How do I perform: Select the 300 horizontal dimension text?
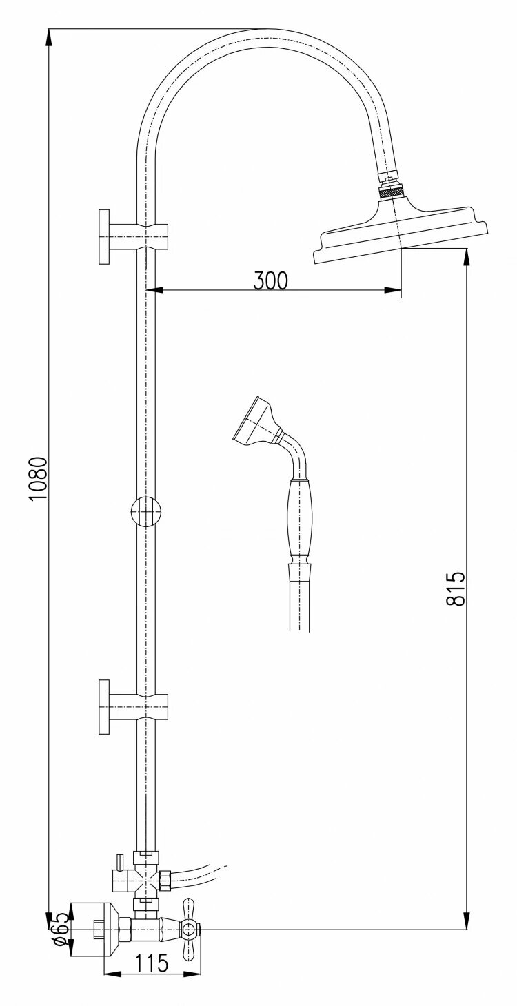pos(270,280)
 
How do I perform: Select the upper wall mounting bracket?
pos(131,234)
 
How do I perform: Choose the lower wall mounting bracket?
pos(131,706)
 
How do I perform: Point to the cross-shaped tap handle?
pos(188,930)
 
